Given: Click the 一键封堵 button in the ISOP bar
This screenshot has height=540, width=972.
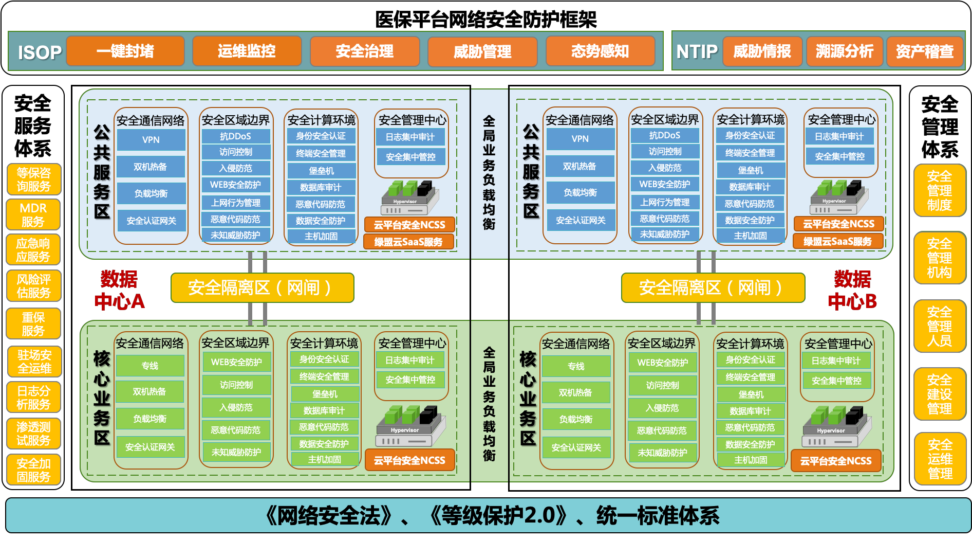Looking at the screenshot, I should click(x=125, y=51).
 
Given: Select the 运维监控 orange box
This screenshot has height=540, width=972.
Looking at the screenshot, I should click(x=247, y=51).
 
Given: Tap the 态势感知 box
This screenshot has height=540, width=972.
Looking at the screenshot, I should click(x=600, y=51).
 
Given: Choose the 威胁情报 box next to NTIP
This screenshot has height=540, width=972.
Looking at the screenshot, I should click(x=762, y=51).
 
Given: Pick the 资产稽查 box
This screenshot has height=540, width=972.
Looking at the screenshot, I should click(x=925, y=51).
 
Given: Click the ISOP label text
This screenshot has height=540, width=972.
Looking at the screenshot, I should click(x=40, y=52).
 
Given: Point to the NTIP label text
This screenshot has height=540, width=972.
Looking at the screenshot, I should click(x=697, y=51).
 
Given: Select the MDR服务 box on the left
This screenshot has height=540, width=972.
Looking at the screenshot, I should click(x=33, y=215).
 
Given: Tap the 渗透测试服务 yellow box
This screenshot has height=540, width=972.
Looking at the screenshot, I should click(x=33, y=434).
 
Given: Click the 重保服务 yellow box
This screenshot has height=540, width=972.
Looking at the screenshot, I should click(x=33, y=324).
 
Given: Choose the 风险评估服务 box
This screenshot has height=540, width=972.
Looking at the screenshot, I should click(x=33, y=286).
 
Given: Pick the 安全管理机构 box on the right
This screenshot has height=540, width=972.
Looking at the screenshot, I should click(x=940, y=258).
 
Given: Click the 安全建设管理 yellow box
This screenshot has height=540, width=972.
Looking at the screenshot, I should click(x=940, y=394).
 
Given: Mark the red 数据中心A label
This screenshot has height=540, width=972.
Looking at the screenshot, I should click(x=119, y=291).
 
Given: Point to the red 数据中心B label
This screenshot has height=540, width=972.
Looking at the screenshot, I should click(x=852, y=291).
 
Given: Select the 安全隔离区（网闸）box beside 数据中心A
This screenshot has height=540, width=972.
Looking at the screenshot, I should click(x=262, y=288).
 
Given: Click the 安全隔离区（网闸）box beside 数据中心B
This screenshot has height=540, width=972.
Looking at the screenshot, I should click(x=713, y=288).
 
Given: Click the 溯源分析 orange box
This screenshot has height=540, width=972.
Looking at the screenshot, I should click(x=845, y=51).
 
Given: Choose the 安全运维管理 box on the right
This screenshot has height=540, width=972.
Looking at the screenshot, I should click(x=940, y=459).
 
